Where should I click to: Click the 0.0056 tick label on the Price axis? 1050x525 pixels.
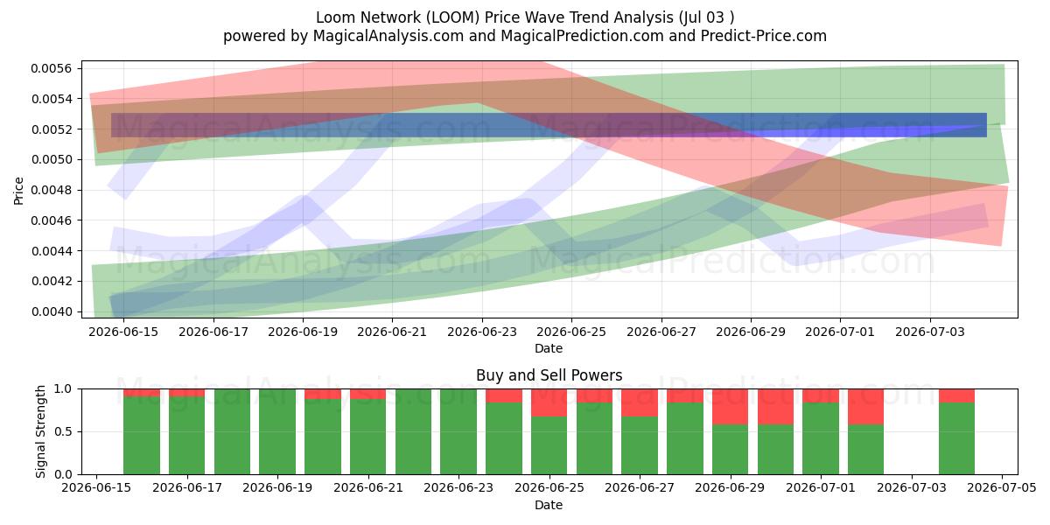click(x=52, y=69)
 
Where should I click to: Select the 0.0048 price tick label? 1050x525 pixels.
click(x=52, y=191)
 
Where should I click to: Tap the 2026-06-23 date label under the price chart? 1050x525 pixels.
click(x=482, y=332)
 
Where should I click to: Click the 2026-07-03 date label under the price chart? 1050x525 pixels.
click(x=930, y=332)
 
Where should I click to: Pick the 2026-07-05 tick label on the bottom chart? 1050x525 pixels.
click(x=1002, y=488)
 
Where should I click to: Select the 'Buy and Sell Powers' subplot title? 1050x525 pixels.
click(x=549, y=375)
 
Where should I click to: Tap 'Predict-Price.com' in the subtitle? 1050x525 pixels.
click(x=764, y=36)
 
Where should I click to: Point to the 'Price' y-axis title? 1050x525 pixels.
click(x=18, y=191)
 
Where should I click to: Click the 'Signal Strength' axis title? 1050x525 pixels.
click(x=40, y=431)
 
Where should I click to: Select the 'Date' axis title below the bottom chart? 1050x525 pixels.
click(x=549, y=506)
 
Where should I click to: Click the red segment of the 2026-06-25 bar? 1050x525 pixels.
click(x=549, y=402)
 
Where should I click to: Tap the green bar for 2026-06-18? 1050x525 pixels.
click(x=232, y=431)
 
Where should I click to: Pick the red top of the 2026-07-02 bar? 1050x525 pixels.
click(x=865, y=407)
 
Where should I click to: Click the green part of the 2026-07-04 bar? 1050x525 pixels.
click(x=956, y=438)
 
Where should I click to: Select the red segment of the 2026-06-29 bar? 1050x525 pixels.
click(x=731, y=407)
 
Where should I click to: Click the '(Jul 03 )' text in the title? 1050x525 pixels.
click(x=706, y=17)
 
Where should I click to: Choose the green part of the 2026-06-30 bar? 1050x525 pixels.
click(x=776, y=450)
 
